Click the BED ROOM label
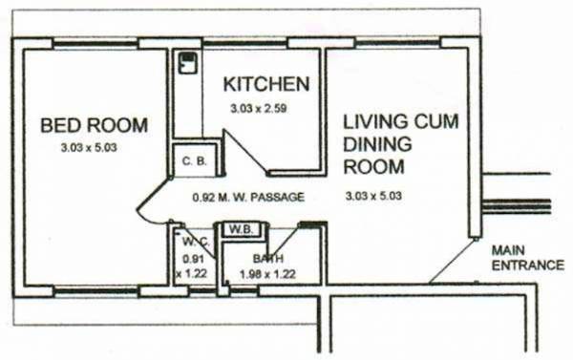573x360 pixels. [x=94, y=125]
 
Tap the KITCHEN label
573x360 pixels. [x=265, y=84]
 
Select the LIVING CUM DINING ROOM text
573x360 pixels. [x=401, y=143]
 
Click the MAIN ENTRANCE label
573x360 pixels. [x=526, y=258]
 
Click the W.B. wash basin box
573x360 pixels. [x=238, y=229]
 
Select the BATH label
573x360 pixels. [x=267, y=259]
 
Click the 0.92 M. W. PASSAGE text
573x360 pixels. [x=247, y=199]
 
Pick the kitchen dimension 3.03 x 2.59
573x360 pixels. [x=258, y=109]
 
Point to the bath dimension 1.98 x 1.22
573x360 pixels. [x=267, y=274]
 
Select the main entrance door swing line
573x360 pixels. [x=453, y=260]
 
